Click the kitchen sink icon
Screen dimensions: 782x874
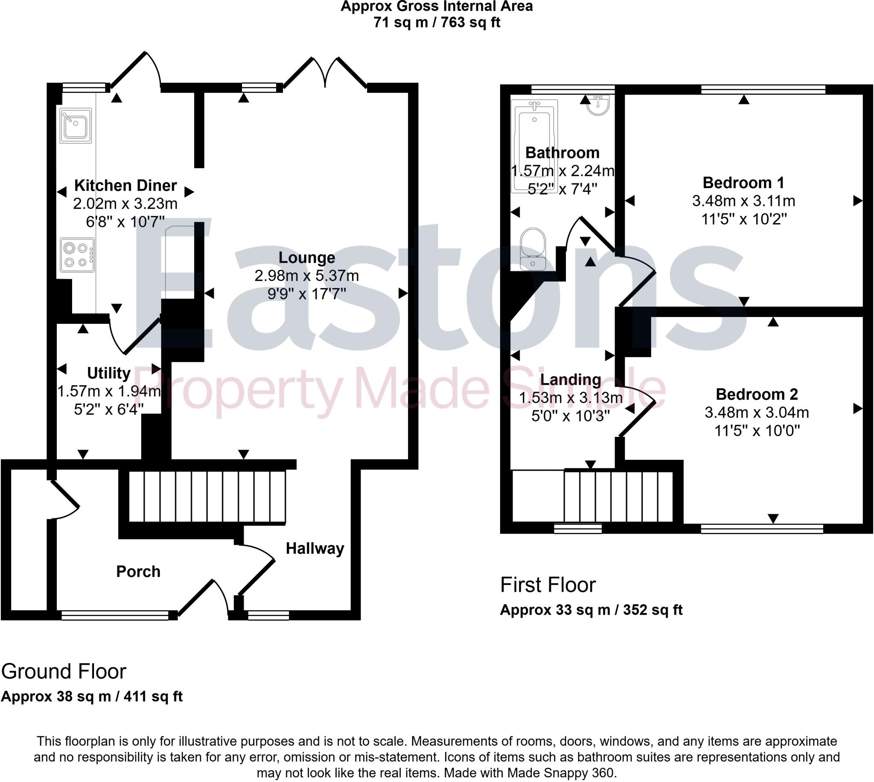(x=76, y=125)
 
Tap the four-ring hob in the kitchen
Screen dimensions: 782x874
(x=77, y=255)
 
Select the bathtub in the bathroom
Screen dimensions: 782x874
(x=534, y=146)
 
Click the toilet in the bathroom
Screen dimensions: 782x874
(x=533, y=249)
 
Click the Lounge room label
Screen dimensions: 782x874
(x=306, y=257)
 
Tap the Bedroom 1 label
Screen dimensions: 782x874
(x=743, y=183)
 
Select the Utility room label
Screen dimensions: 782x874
(x=109, y=373)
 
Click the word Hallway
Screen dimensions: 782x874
(x=315, y=549)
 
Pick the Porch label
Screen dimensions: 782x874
(x=138, y=572)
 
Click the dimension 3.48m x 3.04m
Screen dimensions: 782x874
(x=757, y=413)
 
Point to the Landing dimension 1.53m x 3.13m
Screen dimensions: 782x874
(x=570, y=398)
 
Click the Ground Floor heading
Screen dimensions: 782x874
(x=64, y=672)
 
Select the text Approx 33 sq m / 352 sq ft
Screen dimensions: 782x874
(x=591, y=610)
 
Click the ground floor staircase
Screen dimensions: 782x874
(x=207, y=497)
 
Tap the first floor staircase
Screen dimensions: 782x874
(x=618, y=497)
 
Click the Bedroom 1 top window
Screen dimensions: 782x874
(x=763, y=89)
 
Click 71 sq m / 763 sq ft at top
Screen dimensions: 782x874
(x=437, y=22)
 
